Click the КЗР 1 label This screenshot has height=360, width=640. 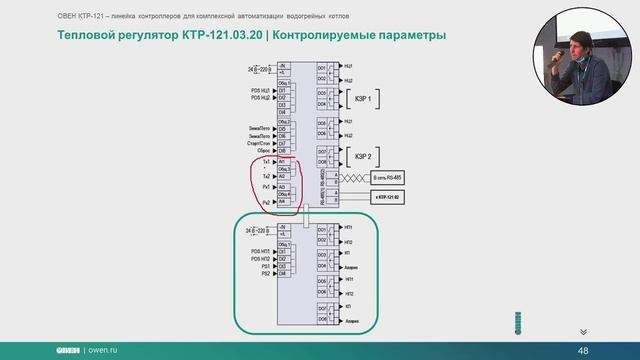[x=361, y=100]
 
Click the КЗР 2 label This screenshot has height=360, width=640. [x=361, y=156]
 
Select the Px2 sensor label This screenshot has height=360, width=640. [x=266, y=202]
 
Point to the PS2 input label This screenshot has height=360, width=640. [x=266, y=273]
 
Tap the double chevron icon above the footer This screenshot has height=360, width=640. [x=582, y=330]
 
